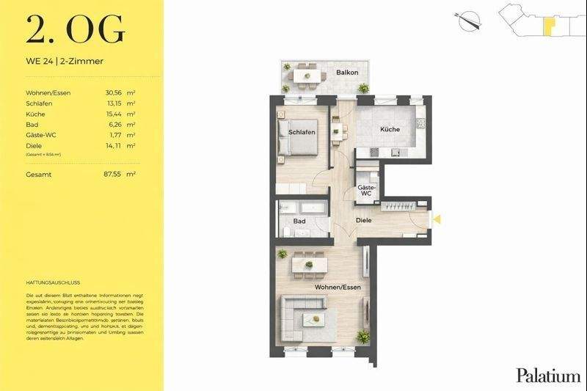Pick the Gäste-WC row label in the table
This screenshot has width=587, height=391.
point(41,135)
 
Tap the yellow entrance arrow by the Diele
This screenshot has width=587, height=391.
point(437,218)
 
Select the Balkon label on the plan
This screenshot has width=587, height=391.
point(346,73)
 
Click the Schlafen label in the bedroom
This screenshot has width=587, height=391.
point(302,132)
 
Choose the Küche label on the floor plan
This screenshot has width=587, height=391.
point(390,129)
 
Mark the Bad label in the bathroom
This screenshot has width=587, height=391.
point(299,220)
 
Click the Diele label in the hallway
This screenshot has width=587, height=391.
point(364,219)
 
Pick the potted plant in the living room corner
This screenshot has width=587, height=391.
point(362,337)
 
